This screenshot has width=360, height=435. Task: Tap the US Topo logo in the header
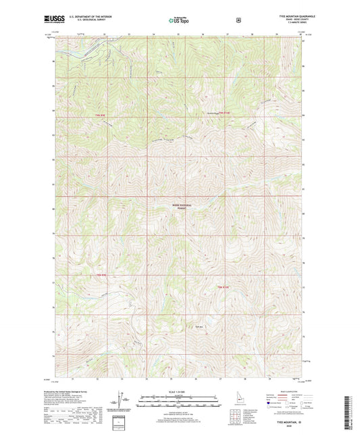point(179,21)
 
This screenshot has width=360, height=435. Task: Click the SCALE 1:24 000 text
point(179,392)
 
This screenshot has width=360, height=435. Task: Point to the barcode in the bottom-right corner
point(352,413)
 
